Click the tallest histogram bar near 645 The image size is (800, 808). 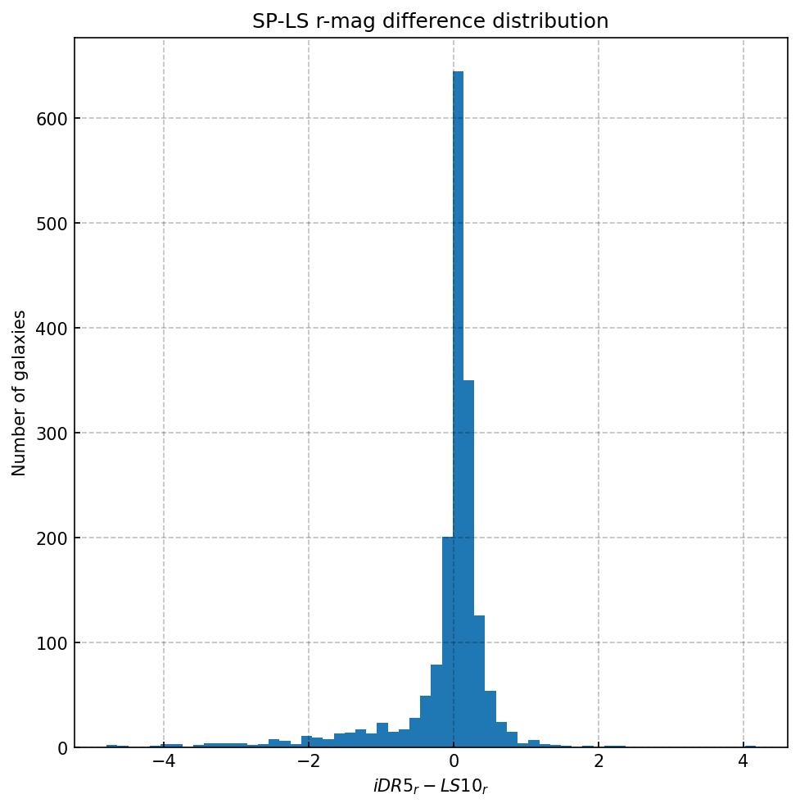(x=458, y=410)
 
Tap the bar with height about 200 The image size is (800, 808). (x=447, y=642)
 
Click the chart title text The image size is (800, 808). (x=431, y=21)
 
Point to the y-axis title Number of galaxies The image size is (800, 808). (x=20, y=393)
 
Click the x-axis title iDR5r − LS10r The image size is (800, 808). (x=431, y=787)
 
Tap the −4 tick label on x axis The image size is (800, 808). (x=164, y=761)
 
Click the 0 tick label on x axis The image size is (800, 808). (x=454, y=761)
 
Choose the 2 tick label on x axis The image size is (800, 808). (x=599, y=761)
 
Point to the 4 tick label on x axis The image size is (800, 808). (x=744, y=761)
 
